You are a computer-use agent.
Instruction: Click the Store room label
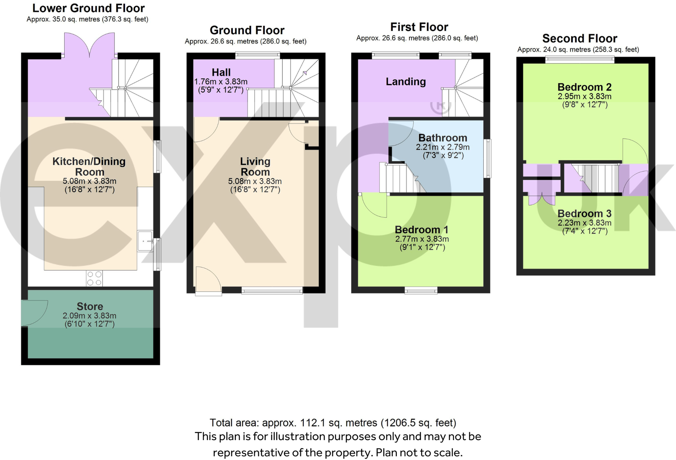[90, 306]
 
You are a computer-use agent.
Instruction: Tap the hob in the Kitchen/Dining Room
[94, 278]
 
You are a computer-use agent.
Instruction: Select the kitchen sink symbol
[145, 241]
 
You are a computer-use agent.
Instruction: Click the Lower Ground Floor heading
[88, 8]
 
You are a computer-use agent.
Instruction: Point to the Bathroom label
[442, 138]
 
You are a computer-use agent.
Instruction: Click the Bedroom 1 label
[421, 230]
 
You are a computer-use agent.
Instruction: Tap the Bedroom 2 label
[584, 87]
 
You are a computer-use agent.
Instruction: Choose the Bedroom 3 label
[584, 214]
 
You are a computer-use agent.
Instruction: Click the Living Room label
[255, 166]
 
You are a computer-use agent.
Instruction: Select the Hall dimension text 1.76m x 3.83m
[221, 82]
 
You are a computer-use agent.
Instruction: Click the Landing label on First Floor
[406, 82]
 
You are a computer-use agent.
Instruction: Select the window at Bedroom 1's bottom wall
[421, 290]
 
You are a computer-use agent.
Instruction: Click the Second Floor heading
[580, 38]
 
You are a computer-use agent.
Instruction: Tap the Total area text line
[333, 423]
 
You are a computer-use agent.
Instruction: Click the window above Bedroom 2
[580, 60]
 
